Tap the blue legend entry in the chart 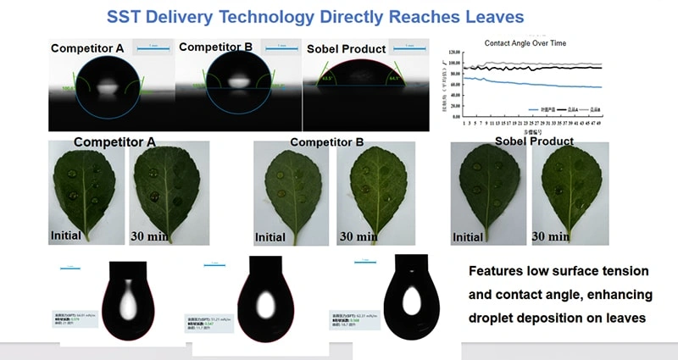(541, 109)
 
